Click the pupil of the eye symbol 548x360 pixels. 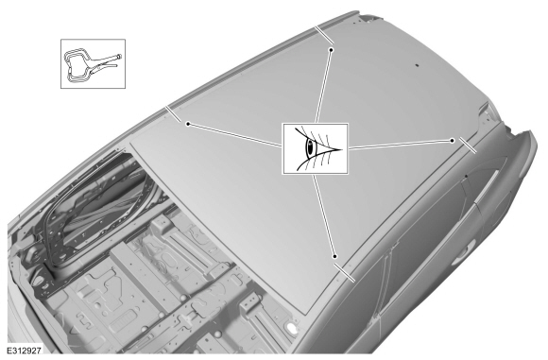coord(310,147)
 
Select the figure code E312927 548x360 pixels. coord(25,351)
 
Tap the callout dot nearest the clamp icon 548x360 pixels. coord(188,124)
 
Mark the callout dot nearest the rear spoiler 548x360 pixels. coord(453,141)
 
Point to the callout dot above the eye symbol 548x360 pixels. coord(331,50)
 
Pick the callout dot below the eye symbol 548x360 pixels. coord(334,257)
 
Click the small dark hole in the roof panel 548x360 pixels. coord(417,65)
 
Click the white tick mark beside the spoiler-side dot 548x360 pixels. coord(468,146)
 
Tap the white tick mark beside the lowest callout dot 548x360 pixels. coord(345,273)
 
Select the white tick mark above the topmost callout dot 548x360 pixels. coord(324,35)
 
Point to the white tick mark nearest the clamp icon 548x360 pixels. coord(173,114)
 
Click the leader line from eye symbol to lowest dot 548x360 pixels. coord(324,215)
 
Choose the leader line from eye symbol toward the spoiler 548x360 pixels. coord(401,145)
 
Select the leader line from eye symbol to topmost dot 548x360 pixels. coord(323,87)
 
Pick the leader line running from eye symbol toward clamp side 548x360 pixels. coord(235,135)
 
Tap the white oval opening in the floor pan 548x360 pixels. coord(291,327)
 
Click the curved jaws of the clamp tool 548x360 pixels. coord(77,66)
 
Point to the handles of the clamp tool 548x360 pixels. coord(105,61)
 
